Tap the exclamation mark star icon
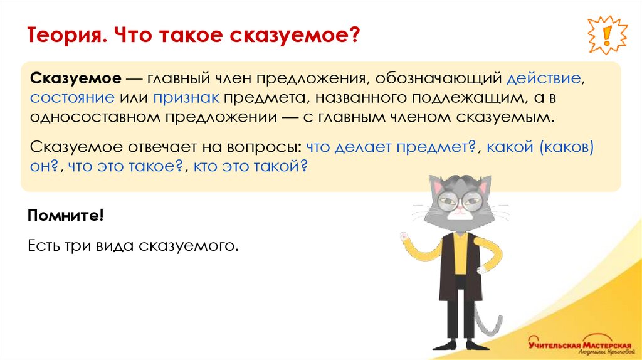pos(608,35)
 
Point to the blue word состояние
pos(71,98)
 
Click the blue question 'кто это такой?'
pos(251,167)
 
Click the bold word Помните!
pos(66,216)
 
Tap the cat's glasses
pos(460,202)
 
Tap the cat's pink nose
pos(460,211)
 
